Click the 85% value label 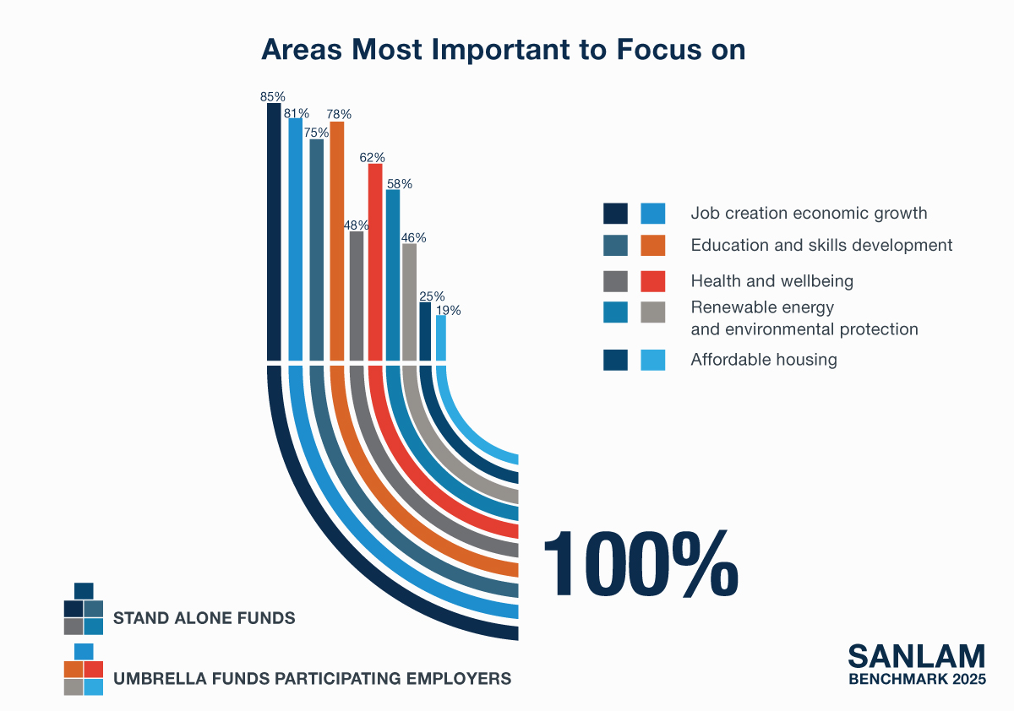pyautogui.click(x=272, y=97)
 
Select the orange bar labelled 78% pyautogui.click(x=337, y=241)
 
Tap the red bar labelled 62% pyautogui.click(x=375, y=263)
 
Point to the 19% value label pyautogui.click(x=448, y=310)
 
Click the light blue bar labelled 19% pyautogui.click(x=441, y=338)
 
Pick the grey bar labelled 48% pyautogui.click(x=357, y=296)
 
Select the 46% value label pyautogui.click(x=413, y=238)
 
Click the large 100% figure pyautogui.click(x=641, y=563)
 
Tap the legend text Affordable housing pyautogui.click(x=764, y=360)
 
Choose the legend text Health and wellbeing pyautogui.click(x=771, y=281)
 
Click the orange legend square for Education pyautogui.click(x=652, y=245)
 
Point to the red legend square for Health pyautogui.click(x=652, y=281)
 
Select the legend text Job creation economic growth pyautogui.click(x=809, y=213)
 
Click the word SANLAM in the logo pyautogui.click(x=917, y=657)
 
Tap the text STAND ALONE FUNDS pyautogui.click(x=204, y=618)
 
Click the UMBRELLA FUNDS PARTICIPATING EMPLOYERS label pyautogui.click(x=313, y=678)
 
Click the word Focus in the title pyautogui.click(x=658, y=49)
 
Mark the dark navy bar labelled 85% pyautogui.click(x=274, y=232)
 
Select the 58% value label pyautogui.click(x=399, y=184)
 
